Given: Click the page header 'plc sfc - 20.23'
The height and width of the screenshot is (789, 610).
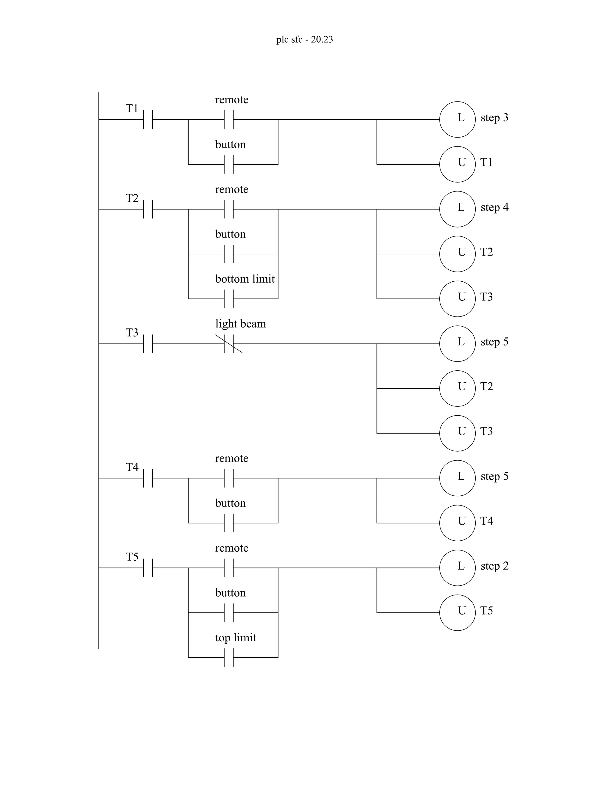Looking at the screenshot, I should click(304, 39).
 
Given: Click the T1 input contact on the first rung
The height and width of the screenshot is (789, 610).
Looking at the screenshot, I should click(148, 119).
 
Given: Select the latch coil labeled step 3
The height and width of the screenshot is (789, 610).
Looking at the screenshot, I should click(457, 119).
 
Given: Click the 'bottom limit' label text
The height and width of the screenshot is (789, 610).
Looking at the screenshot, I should click(245, 279).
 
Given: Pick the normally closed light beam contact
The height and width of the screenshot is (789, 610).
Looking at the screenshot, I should click(229, 344).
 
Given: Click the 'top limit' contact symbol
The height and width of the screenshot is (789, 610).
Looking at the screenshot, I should click(229, 657).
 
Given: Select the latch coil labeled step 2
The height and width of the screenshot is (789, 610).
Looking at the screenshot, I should click(457, 567).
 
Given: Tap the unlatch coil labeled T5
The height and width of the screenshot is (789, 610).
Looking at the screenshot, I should click(457, 612).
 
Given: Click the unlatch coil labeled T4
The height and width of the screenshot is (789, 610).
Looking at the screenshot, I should click(457, 523).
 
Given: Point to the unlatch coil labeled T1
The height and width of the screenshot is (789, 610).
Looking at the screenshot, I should click(457, 164).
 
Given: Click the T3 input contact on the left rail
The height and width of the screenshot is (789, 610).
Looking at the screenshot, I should click(148, 344).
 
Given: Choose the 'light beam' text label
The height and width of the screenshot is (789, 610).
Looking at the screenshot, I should click(240, 324).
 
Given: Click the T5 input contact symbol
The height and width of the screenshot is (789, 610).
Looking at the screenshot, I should click(148, 567).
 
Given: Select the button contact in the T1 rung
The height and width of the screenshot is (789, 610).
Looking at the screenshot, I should click(229, 164).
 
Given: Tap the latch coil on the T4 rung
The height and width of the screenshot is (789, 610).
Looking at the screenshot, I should click(457, 478).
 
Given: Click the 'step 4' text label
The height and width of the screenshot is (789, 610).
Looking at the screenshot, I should click(494, 207).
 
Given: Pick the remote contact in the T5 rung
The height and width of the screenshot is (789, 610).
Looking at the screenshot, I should click(229, 567).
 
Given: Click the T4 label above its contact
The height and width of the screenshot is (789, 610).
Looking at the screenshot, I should click(132, 467).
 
